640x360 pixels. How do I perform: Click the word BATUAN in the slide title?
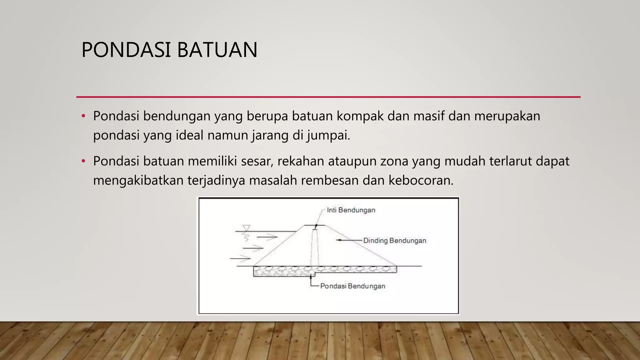click(x=217, y=50)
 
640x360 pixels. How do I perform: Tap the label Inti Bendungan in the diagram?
click(x=351, y=210)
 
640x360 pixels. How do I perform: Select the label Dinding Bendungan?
click(x=394, y=241)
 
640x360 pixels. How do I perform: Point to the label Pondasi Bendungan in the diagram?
click(x=352, y=286)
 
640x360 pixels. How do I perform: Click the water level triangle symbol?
click(x=247, y=227)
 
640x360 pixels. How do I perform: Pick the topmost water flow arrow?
click(x=267, y=237)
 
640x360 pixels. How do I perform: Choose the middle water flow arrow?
click(x=253, y=248)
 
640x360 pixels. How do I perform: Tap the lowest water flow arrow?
click(x=240, y=258)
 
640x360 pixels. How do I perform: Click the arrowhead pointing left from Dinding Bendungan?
click(x=338, y=240)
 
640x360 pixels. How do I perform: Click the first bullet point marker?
click(x=83, y=116)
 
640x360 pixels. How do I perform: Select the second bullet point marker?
click(x=83, y=161)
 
